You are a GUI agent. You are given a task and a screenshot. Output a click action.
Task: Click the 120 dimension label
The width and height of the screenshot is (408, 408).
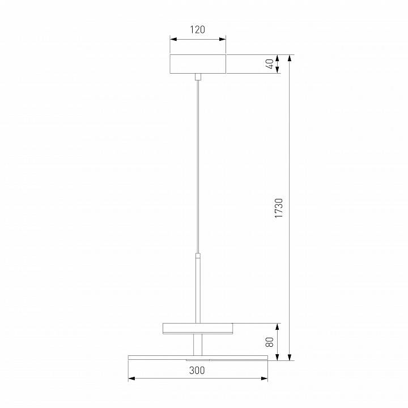pyautogui.click(x=198, y=29)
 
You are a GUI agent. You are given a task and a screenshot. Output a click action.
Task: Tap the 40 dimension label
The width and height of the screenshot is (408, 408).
pyautogui.click(x=271, y=64)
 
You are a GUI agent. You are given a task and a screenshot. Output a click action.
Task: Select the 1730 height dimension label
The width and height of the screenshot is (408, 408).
pyautogui.click(x=279, y=208)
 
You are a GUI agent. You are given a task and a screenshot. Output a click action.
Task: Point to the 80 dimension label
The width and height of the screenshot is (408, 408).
pyautogui.click(x=270, y=342)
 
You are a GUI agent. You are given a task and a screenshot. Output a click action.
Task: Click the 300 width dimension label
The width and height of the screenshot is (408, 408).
pyautogui.click(x=197, y=370)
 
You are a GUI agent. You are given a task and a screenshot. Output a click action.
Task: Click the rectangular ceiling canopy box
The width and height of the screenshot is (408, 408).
pyautogui.click(x=198, y=64)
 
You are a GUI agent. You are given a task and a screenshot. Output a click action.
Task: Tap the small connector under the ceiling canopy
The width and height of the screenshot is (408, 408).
pyautogui.click(x=198, y=76)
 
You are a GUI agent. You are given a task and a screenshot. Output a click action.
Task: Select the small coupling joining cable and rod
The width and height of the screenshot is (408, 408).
pyautogui.click(x=198, y=256)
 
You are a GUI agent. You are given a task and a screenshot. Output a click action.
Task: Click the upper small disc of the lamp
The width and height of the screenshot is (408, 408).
pyautogui.click(x=198, y=328)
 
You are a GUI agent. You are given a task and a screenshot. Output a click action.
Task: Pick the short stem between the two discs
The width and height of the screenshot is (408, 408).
pyautogui.click(x=198, y=345)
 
